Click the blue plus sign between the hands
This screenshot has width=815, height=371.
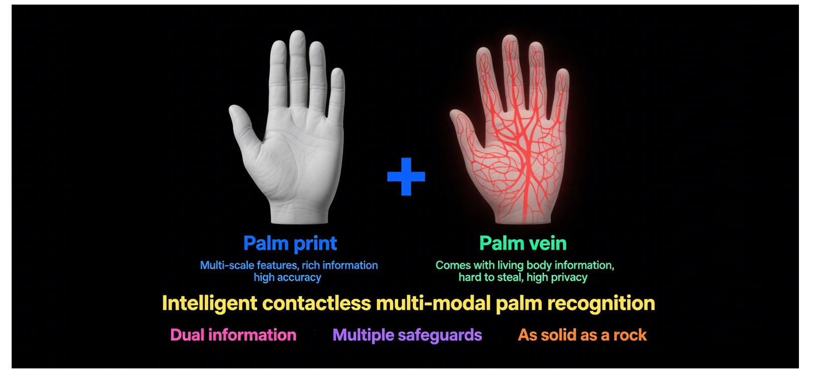coord(406,176)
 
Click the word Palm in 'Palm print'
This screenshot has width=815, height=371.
coord(265,244)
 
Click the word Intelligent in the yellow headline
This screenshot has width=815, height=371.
coord(210,304)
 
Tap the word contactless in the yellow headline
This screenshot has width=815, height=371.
coord(316,304)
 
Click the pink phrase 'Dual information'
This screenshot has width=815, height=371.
coord(233,335)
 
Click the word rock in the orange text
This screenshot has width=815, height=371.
coord(630,335)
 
